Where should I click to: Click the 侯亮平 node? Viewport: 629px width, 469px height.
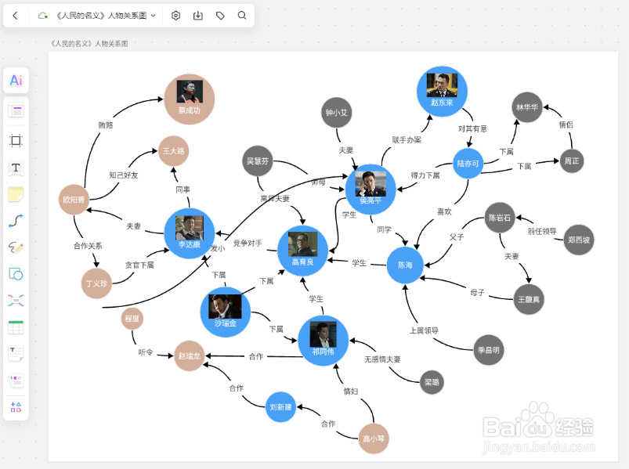[x=371, y=189]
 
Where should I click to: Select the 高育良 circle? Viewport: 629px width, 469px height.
[x=302, y=251]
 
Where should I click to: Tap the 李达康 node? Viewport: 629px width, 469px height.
[x=189, y=233]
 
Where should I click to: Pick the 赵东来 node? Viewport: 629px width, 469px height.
[x=442, y=92]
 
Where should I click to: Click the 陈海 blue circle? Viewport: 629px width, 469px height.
[x=405, y=265]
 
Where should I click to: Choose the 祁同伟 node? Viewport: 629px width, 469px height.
[x=323, y=341]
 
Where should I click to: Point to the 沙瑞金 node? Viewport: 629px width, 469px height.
[x=226, y=312]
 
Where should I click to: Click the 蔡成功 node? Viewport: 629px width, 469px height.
[x=190, y=99]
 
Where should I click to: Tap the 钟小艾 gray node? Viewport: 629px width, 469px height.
[x=337, y=113]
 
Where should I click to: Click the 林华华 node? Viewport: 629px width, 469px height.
[x=526, y=107]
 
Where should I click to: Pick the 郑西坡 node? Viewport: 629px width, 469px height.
[x=579, y=240]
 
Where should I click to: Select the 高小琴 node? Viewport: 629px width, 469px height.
[x=373, y=438]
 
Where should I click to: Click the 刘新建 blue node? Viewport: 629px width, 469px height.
[x=280, y=406]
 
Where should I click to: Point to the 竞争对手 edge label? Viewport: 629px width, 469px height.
[x=248, y=244]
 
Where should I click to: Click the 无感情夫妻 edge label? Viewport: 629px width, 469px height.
[x=382, y=359]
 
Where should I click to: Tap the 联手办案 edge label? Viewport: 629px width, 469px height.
[x=407, y=140]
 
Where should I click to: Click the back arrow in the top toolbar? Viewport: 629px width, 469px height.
[x=15, y=15]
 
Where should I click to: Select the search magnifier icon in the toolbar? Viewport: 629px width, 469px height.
[x=242, y=15]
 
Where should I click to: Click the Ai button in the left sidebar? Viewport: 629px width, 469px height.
[x=16, y=81]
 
